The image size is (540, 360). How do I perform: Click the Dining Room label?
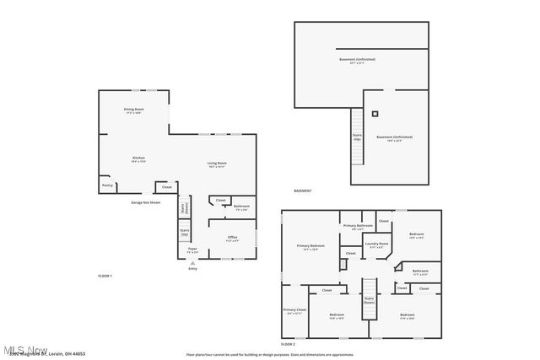pyautogui.click(x=133, y=110)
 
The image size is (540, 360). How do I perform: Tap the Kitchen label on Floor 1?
pyautogui.click(x=138, y=159)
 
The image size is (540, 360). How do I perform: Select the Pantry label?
pyautogui.click(x=107, y=185)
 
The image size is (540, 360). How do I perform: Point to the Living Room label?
pyautogui.click(x=218, y=164)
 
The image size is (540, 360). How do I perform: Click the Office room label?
pyautogui.click(x=232, y=239)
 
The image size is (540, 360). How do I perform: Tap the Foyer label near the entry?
pyautogui.click(x=192, y=250)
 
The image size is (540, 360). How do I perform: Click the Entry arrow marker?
pyautogui.click(x=193, y=263)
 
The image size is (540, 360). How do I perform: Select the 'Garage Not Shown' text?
pyautogui.click(x=145, y=202)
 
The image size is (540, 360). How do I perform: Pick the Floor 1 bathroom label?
pyautogui.click(x=241, y=207)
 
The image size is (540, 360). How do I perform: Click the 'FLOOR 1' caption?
pyautogui.click(x=105, y=276)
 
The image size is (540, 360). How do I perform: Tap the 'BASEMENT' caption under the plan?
pyautogui.click(x=303, y=191)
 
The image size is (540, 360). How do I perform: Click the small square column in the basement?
pyautogui.click(x=375, y=113)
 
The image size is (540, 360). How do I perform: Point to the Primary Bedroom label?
pyautogui.click(x=310, y=246)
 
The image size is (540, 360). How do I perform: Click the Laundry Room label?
pyautogui.click(x=376, y=244)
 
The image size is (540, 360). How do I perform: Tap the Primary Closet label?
pyautogui.click(x=294, y=311)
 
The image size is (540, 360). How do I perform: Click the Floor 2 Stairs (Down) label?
pyautogui.click(x=369, y=299)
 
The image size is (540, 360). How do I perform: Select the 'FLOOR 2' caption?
pyautogui.click(x=288, y=344)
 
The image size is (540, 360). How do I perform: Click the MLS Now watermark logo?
pyautogui.click(x=25, y=349)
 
